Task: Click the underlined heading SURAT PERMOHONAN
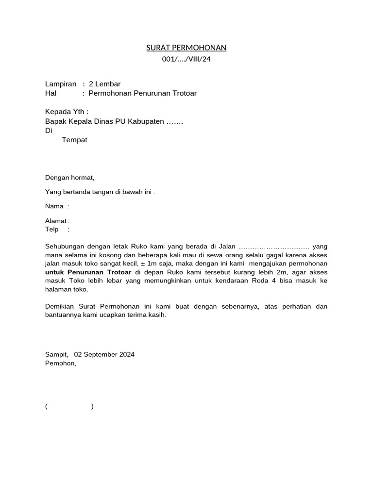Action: click(x=186, y=48)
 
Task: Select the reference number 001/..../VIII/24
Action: click(x=186, y=59)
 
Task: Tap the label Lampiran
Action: click(x=61, y=84)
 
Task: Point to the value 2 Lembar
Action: click(x=104, y=84)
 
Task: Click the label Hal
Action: click(x=51, y=93)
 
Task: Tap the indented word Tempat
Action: click(x=74, y=140)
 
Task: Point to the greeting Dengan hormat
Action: click(x=69, y=178)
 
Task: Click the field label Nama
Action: click(x=54, y=206)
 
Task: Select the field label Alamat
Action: click(x=56, y=221)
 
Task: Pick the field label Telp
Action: click(x=51, y=229)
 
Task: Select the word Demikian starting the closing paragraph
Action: click(x=61, y=307)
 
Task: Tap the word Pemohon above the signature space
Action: click(x=60, y=363)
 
